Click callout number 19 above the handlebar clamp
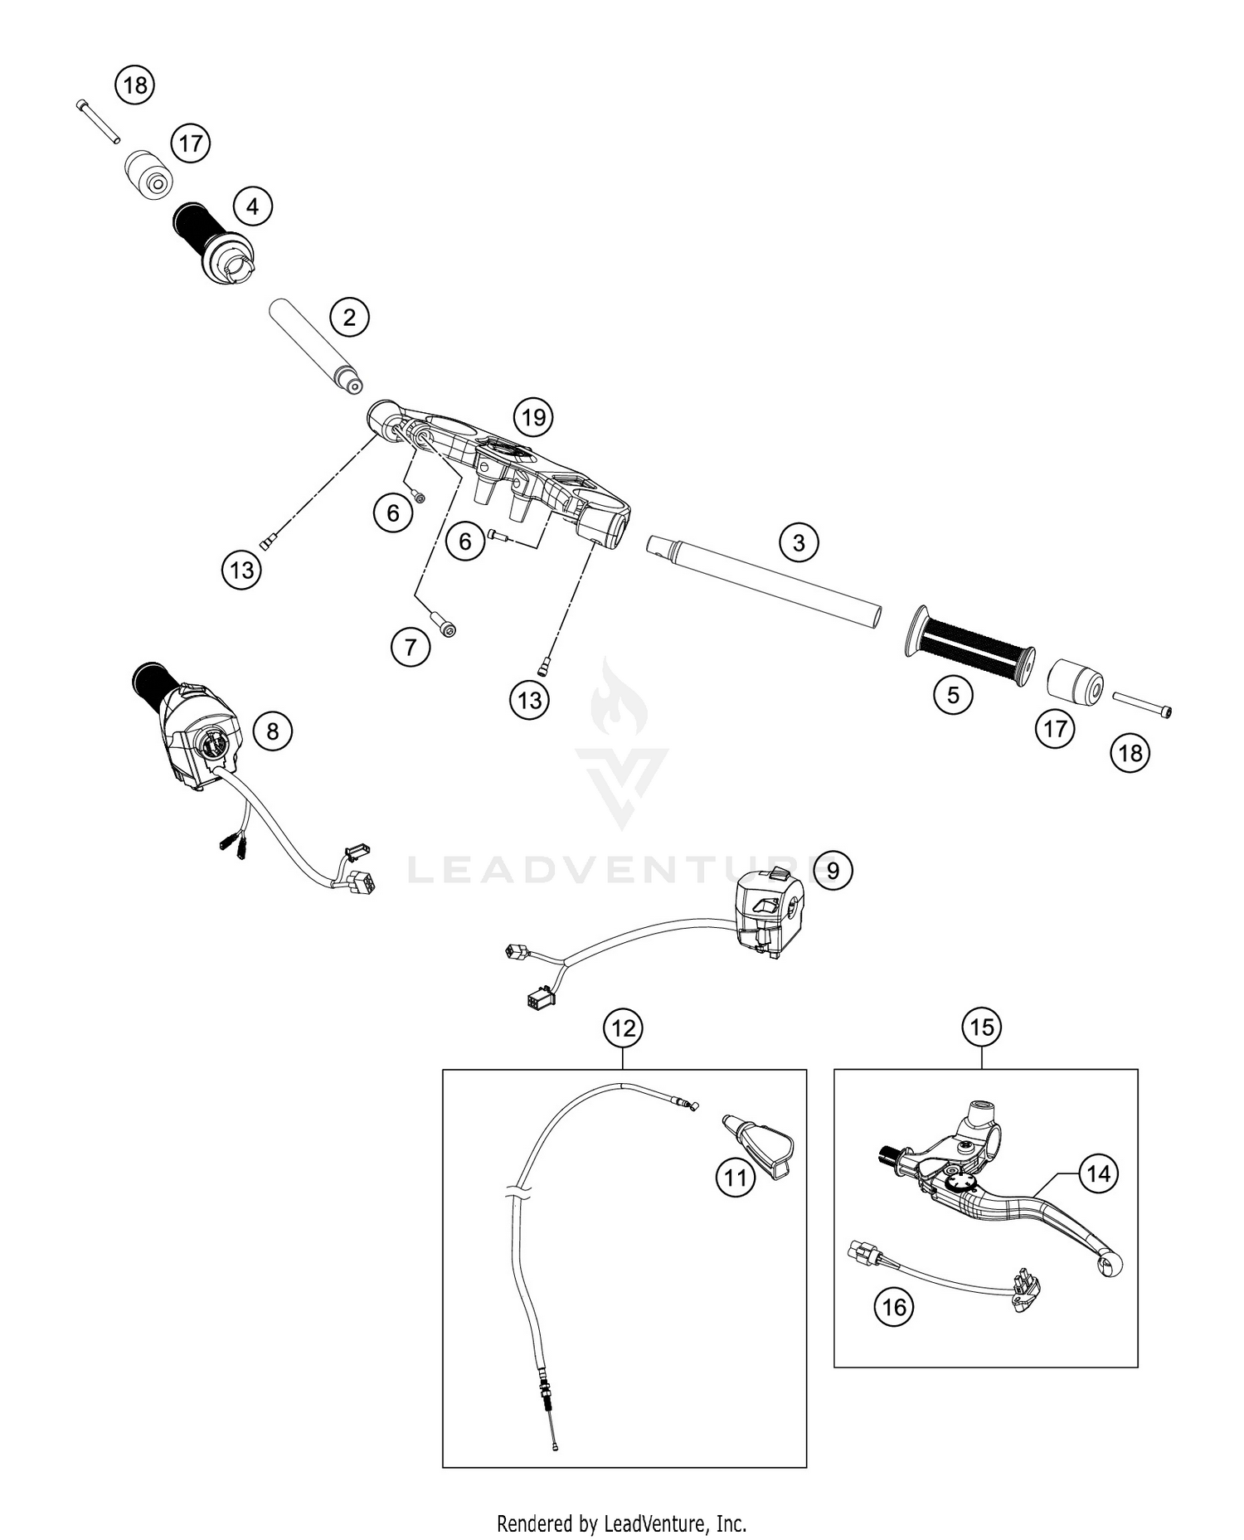tap(533, 417)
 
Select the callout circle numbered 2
tap(349, 317)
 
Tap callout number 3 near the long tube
tap(799, 543)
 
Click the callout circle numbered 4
tap(253, 206)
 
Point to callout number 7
tap(411, 646)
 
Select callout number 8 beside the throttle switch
tap(273, 731)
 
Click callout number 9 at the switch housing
tap(833, 870)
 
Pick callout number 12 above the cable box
tap(624, 1028)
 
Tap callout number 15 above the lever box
tap(982, 1027)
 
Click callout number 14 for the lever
tap(1098, 1173)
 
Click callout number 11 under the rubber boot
tap(736, 1178)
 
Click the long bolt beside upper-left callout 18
tap(98, 121)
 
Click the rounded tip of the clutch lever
tap(1110, 1263)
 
